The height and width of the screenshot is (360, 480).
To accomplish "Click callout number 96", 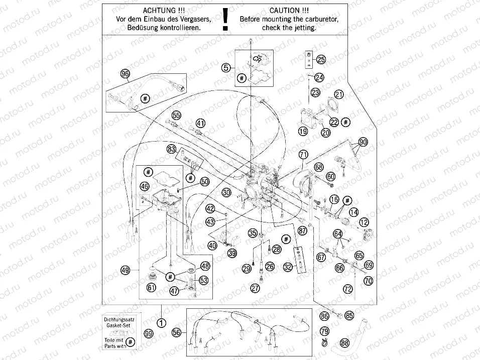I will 125,74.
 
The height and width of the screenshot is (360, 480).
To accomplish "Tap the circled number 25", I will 321,60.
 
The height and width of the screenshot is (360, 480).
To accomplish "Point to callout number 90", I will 363,142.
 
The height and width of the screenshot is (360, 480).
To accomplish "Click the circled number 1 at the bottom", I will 161,323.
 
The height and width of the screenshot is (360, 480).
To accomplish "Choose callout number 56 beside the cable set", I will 176,332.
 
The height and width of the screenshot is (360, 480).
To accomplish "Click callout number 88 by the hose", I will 344,343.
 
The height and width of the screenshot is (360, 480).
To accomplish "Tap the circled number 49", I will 126,270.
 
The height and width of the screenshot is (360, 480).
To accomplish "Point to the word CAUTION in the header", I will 285,10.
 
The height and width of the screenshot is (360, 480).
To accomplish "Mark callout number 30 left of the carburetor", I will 227,192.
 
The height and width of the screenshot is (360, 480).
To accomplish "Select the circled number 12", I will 364,221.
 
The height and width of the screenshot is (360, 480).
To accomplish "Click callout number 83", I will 172,149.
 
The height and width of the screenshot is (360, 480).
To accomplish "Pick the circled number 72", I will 347,289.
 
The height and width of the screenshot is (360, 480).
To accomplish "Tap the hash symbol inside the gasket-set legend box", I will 130,342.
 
